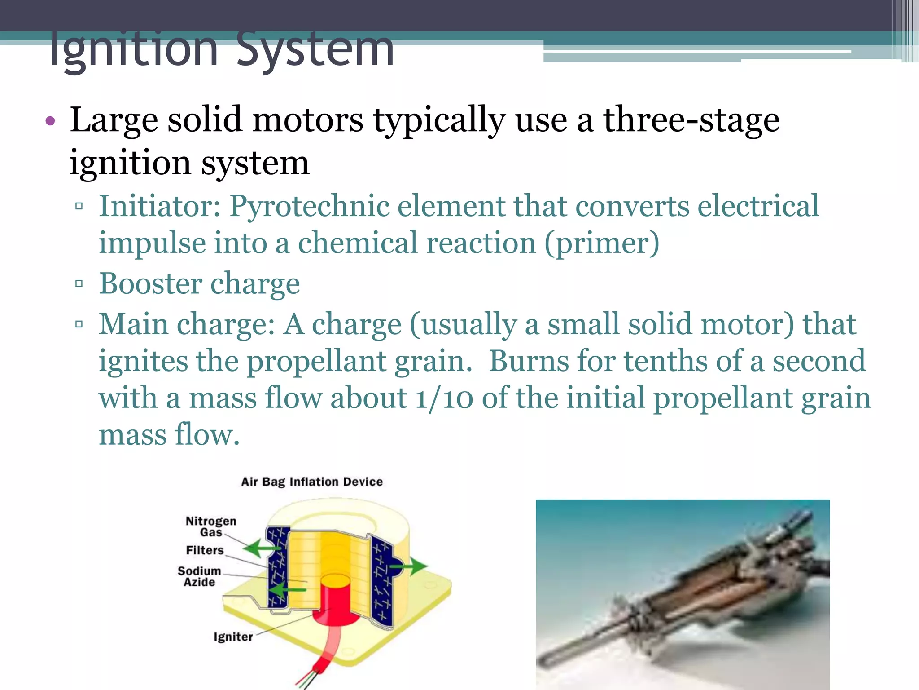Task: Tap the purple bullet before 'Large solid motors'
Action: click(50, 121)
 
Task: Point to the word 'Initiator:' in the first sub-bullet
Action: click(160, 206)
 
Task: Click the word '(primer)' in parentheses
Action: click(602, 243)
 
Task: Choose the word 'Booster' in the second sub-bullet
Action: click(150, 284)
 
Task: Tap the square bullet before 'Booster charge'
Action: click(79, 283)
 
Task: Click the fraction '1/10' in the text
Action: click(444, 398)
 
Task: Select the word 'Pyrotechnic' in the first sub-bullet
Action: click(309, 206)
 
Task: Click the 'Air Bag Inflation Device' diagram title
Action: click(312, 482)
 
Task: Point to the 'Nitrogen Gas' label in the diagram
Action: click(211, 526)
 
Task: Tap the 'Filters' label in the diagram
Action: click(205, 550)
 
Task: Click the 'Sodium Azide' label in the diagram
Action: click(199, 576)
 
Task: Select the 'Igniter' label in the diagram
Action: click(233, 637)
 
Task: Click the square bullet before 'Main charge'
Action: click(79, 324)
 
